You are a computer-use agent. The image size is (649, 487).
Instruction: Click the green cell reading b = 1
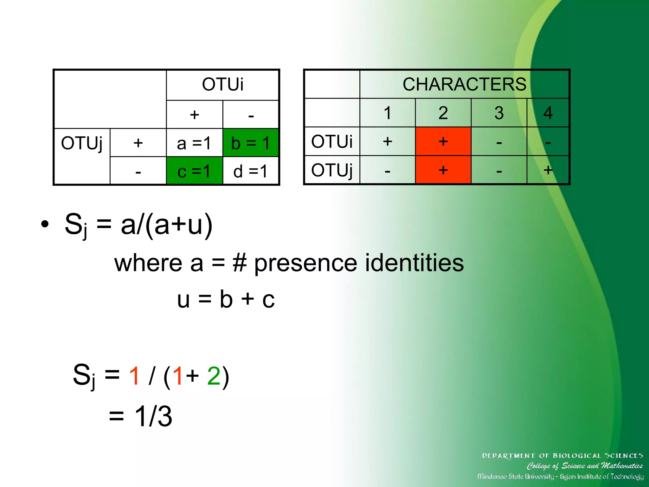251,143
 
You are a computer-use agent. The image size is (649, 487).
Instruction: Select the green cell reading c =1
194,171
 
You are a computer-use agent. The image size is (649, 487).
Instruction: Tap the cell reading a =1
194,143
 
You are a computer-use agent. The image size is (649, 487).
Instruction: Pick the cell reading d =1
251,171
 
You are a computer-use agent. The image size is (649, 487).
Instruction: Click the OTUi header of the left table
222,84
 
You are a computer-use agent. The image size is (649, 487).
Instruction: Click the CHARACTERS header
464,84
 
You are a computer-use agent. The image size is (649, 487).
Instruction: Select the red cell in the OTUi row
443,141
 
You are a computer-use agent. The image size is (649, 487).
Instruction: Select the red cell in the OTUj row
443,170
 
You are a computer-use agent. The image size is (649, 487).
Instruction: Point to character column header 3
499,113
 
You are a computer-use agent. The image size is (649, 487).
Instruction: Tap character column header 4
548,113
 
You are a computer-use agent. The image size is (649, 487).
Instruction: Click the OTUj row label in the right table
332,170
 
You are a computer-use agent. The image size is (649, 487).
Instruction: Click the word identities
414,263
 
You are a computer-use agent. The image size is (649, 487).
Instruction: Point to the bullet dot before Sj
45,224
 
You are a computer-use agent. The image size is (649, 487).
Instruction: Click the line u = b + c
226,299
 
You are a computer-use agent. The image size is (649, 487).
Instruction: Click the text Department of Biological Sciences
562,456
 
